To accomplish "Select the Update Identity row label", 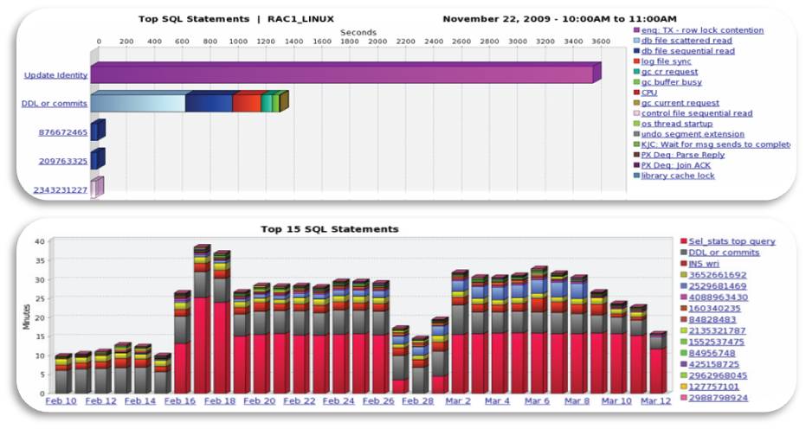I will (x=55, y=75).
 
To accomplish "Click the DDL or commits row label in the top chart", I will (x=54, y=104).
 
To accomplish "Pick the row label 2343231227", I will (x=60, y=189).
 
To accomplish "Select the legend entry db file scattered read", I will (x=687, y=41).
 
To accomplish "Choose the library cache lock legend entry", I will (x=678, y=176).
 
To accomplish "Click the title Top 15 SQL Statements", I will (x=329, y=229).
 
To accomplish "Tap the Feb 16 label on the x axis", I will (x=181, y=401).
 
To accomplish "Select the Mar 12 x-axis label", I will (x=654, y=401).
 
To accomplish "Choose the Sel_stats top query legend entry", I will (x=732, y=241).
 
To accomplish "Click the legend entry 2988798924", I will (x=719, y=398).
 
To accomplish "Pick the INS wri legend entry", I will (x=706, y=263).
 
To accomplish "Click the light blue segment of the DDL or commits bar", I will (x=139, y=103).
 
